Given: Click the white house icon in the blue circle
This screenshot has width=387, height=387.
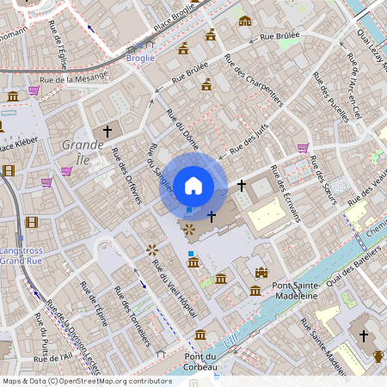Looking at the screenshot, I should (193, 185).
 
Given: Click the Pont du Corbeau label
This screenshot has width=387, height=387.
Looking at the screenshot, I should (200, 362).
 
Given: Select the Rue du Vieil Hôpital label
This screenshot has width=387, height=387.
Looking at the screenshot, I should (169, 280).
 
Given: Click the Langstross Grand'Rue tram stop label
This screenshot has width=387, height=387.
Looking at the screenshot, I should (22, 256).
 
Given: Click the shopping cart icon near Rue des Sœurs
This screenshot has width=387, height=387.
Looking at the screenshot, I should (303, 148).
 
